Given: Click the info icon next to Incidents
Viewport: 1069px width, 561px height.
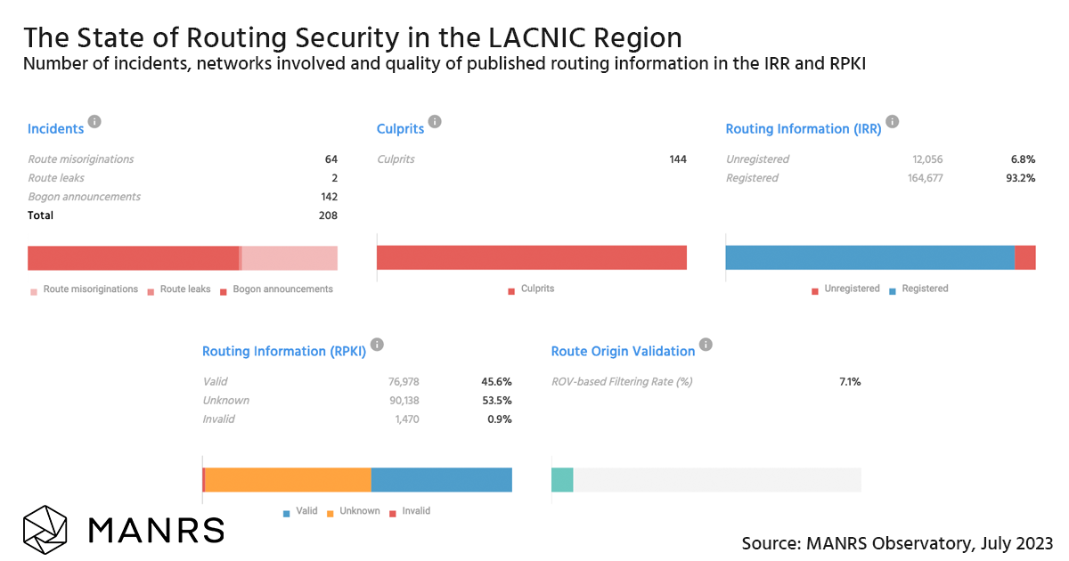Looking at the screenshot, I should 94,122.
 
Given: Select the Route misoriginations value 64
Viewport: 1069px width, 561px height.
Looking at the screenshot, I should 330,159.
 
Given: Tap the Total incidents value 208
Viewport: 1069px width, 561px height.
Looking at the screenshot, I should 327,215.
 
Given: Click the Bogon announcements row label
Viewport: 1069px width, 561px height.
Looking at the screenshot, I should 84,197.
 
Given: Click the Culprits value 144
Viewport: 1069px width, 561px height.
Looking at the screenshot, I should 678,159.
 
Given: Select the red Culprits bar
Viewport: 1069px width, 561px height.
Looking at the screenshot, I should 531,257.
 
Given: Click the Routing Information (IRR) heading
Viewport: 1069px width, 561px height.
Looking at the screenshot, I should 803,129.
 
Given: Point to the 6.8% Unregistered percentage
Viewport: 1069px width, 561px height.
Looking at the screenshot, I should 1023,159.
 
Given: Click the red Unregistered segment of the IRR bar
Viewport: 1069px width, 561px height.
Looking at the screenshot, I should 1024,257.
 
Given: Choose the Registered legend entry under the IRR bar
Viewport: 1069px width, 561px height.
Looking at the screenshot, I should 924,289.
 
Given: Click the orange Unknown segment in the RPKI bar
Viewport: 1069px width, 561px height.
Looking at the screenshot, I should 288,480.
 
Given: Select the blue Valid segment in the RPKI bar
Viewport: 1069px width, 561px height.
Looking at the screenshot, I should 441,480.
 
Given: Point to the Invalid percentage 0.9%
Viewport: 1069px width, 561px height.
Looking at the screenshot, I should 499,419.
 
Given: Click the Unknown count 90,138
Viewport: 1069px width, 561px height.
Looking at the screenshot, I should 399,401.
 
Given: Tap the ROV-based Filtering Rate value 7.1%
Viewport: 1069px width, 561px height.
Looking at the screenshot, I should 849,382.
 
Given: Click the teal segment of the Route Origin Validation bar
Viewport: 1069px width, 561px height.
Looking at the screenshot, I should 562,480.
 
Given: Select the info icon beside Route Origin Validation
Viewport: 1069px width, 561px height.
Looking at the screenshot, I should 706,345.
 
